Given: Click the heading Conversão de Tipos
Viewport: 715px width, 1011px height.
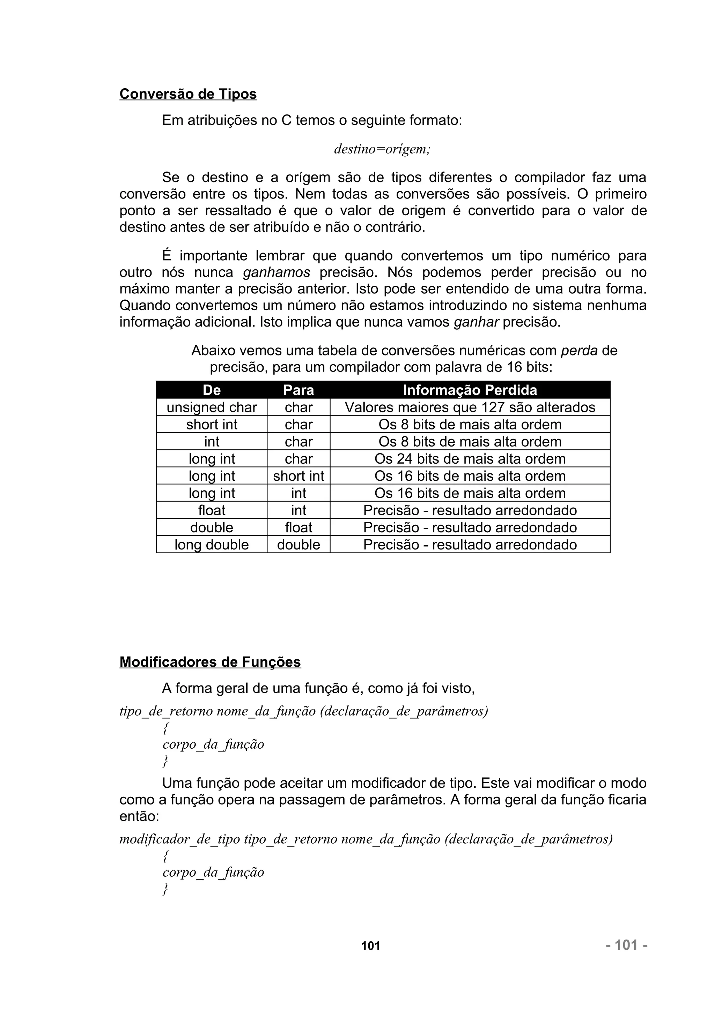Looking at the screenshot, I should click(x=188, y=94).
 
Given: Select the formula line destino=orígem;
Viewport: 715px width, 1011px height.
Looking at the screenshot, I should click(x=382, y=149).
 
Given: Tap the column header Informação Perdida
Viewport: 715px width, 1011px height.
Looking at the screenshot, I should click(x=470, y=390).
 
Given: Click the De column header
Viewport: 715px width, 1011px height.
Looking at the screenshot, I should click(x=212, y=390).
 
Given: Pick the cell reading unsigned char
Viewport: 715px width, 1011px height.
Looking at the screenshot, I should click(x=212, y=407).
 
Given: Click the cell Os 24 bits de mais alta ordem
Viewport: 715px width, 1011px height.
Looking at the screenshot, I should click(x=470, y=459).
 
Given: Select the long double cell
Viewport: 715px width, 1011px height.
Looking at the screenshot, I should click(x=212, y=545).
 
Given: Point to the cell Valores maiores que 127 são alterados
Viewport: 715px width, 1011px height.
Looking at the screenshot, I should click(x=470, y=407).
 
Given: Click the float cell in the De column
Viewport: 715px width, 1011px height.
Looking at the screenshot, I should click(x=212, y=510).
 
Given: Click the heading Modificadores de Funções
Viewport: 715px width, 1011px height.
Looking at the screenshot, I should click(x=210, y=662).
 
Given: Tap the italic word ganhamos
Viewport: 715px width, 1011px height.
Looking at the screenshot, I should click(x=277, y=272).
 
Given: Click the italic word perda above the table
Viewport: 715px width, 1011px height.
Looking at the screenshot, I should click(x=579, y=351).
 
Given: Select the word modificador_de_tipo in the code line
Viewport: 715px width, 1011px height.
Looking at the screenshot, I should click(x=180, y=839).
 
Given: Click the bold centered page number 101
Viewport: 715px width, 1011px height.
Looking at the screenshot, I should click(x=370, y=946).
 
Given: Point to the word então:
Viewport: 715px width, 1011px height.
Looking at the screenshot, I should click(x=139, y=817).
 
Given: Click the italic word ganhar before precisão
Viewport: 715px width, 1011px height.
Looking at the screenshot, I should click(x=476, y=322).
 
